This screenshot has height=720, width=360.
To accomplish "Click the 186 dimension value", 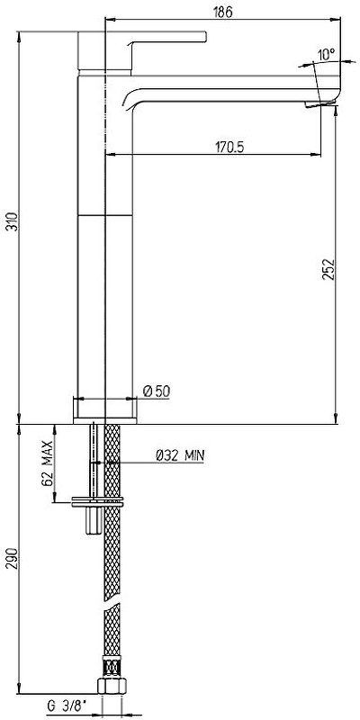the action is click(222, 12).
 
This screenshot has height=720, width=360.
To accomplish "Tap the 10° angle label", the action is click(326, 55).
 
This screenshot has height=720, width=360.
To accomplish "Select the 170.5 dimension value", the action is click(229, 147).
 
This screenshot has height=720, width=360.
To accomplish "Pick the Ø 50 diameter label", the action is click(157, 391).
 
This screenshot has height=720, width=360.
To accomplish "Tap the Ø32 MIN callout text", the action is click(180, 455).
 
